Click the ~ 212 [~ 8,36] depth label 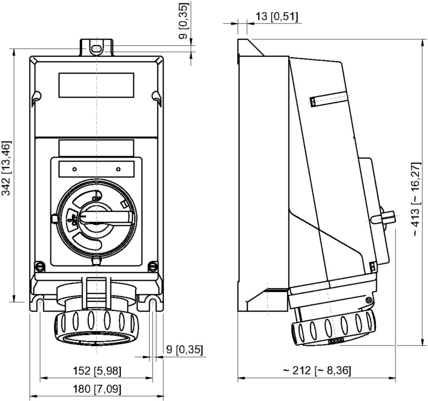pos(316,371)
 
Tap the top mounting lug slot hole pos(97,49)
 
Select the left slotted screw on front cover pos(40,266)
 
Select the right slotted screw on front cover pos(153,266)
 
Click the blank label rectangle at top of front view pos(96,85)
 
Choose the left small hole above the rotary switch pos(74,169)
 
